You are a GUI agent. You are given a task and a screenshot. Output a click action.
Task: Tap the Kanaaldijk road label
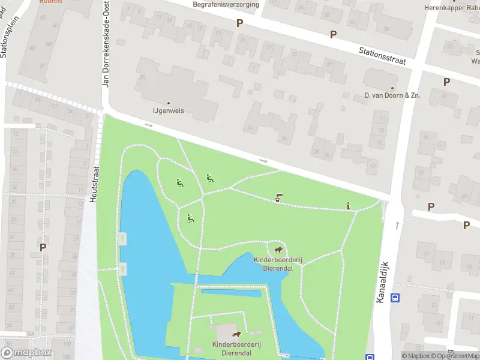point(383,281)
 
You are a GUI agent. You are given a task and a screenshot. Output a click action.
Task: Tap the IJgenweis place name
point(167,112)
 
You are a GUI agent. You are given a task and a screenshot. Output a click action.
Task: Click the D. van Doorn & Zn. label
point(392,96)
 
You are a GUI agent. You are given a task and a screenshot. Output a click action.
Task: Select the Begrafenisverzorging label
point(226,5)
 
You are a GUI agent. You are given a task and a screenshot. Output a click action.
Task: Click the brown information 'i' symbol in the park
point(349,206)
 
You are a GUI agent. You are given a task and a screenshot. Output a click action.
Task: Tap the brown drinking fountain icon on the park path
point(278,197)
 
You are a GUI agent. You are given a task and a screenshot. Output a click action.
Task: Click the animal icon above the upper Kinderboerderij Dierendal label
point(277,250)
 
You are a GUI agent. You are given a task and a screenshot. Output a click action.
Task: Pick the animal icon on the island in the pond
point(236,335)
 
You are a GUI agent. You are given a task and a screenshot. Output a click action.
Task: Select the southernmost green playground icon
point(190,219)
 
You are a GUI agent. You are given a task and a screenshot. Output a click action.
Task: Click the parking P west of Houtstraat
point(43,247)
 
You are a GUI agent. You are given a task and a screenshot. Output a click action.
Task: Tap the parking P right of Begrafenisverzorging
point(240,23)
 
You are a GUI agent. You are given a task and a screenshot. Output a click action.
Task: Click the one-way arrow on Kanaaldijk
point(397,225)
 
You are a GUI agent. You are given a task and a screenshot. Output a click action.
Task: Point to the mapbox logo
point(26,353)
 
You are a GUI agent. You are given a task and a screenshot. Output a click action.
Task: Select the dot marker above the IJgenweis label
point(168,103)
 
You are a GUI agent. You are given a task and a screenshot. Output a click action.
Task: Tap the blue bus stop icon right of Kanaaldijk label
point(395,298)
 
